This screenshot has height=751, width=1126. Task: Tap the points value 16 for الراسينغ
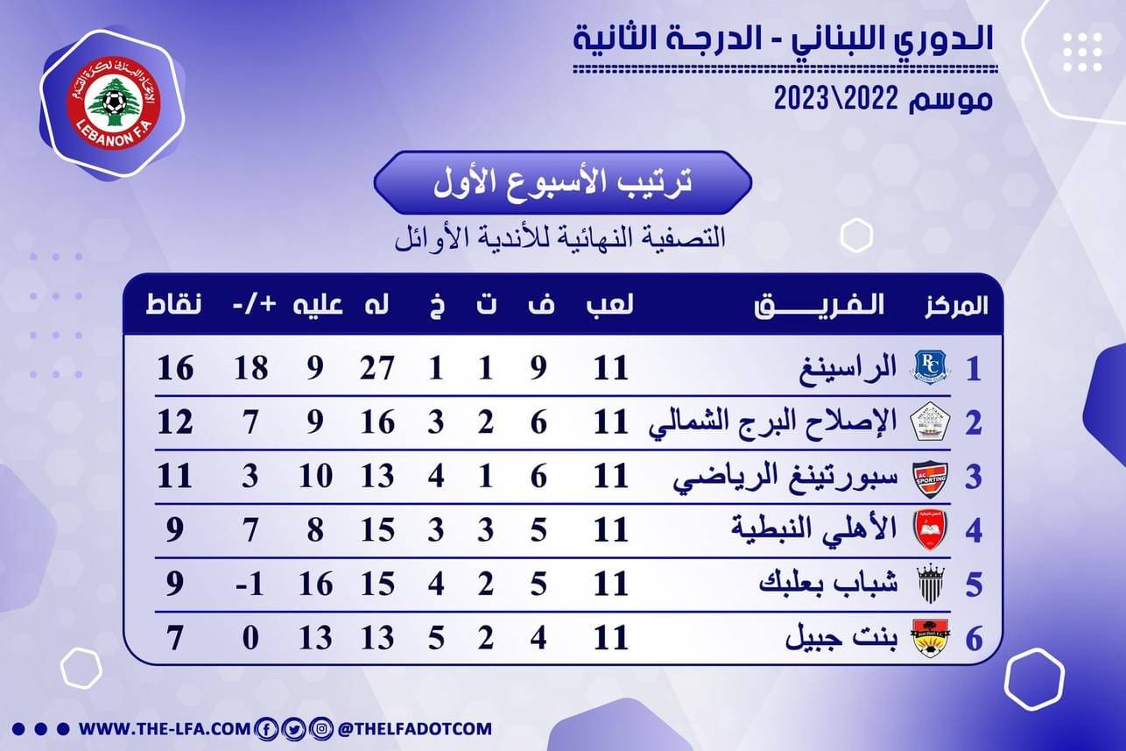[x=175, y=368]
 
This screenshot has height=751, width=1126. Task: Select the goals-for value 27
[x=377, y=368]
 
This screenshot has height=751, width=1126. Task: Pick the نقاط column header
[x=173, y=305]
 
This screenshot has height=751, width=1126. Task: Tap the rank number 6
[x=973, y=639]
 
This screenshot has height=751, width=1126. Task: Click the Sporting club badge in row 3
[x=928, y=477]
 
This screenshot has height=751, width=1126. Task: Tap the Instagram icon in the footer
[x=321, y=728]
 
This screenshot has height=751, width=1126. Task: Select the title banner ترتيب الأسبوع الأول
[x=562, y=183]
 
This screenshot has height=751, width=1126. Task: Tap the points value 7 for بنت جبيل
[x=175, y=638]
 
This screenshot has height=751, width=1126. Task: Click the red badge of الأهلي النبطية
[x=928, y=530]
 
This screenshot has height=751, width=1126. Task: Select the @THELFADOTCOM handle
[x=414, y=728]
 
